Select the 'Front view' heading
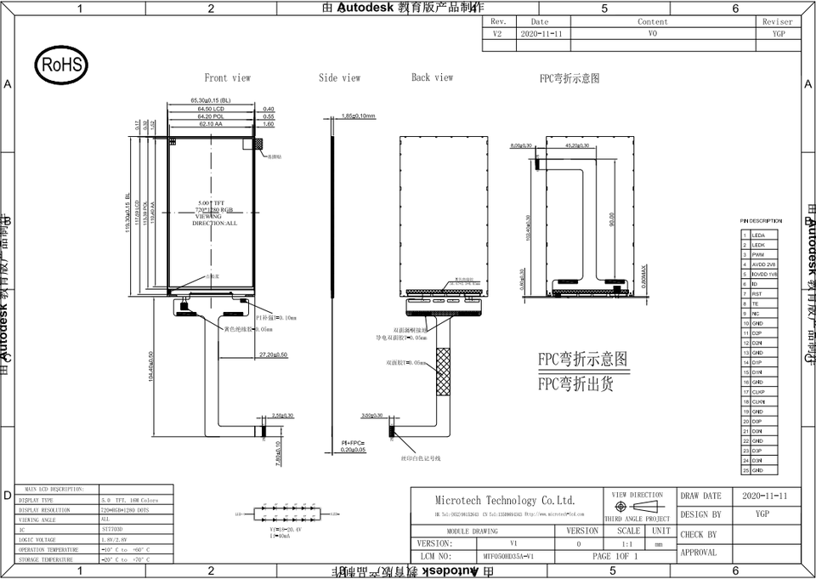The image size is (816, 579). point(227,77)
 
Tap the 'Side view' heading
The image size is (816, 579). point(339,77)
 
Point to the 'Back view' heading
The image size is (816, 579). point(432,77)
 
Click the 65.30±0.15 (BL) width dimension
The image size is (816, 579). point(210,100)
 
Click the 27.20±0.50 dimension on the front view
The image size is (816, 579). point(273,354)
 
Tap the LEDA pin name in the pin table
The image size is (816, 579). point(758,235)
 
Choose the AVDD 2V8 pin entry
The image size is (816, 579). point(764,264)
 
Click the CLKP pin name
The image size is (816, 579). point(759,392)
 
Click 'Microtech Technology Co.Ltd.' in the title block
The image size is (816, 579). point(505,501)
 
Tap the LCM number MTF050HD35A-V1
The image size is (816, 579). point(507,556)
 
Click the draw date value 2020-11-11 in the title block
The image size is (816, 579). point(764,496)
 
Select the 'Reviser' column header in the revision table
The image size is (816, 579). point(777,22)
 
